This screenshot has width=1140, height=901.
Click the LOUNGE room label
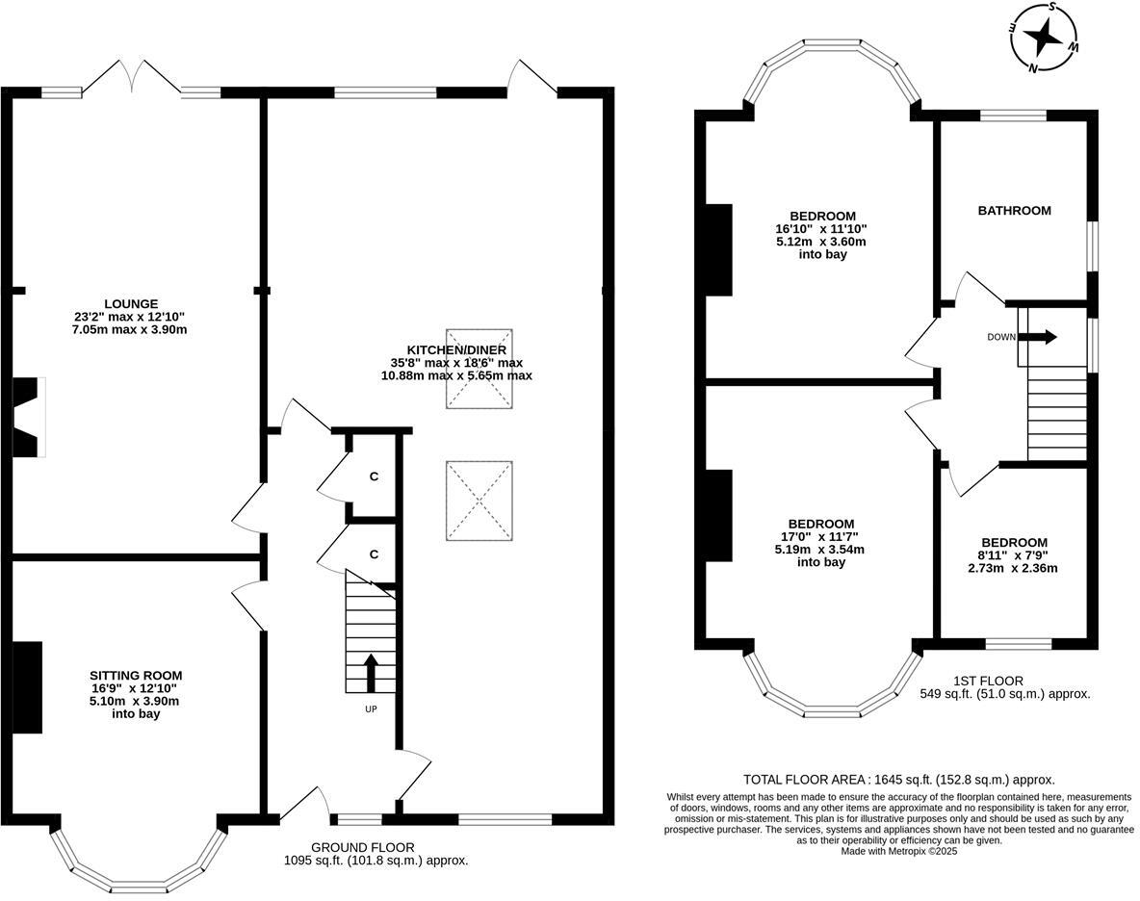click(131, 304)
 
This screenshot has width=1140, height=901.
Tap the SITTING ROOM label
click(136, 676)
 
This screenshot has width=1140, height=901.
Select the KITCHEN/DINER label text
click(456, 350)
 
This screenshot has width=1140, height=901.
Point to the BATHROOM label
click(1014, 211)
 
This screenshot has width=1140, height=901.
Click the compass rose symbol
click(1044, 37)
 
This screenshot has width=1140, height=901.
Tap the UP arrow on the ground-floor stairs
click(371, 673)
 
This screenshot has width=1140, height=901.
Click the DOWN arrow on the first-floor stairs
click(1040, 337)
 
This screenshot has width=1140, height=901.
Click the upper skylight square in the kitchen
click(479, 369)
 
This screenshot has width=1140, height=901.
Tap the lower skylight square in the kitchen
click(479, 501)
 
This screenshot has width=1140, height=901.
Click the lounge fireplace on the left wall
click(29, 417)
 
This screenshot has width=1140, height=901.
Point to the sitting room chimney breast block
click(28, 687)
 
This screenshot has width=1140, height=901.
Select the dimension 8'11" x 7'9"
click(1013, 555)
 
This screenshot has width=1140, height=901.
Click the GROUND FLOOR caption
click(363, 847)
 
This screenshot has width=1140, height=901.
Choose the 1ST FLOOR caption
click(988, 681)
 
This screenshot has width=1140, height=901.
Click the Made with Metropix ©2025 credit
click(899, 851)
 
